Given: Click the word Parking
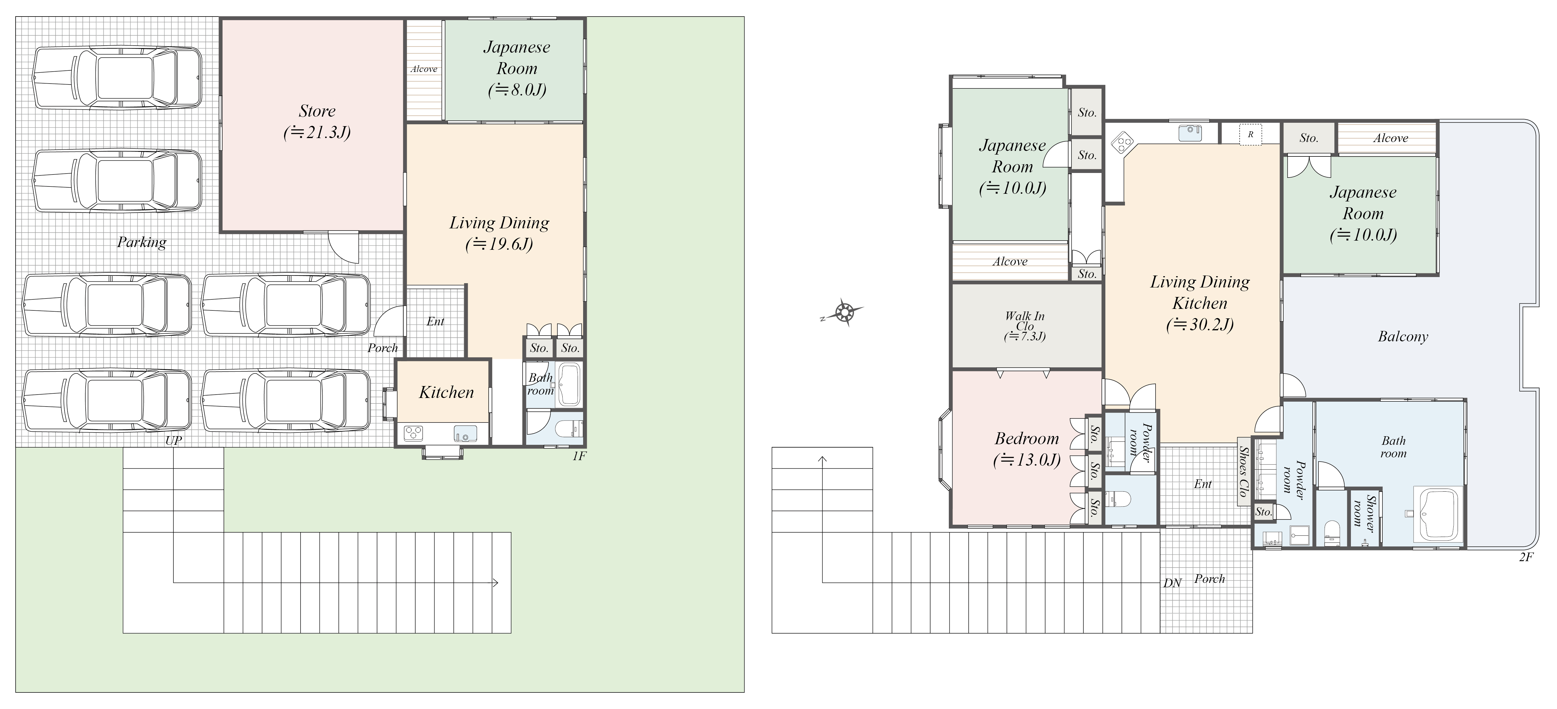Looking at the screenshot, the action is (142, 242).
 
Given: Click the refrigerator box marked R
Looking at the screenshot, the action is (1251, 134).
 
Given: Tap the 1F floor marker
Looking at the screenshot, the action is (579, 456).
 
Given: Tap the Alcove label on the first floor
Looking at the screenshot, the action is (424, 69).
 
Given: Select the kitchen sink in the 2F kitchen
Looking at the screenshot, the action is (1189, 133).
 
